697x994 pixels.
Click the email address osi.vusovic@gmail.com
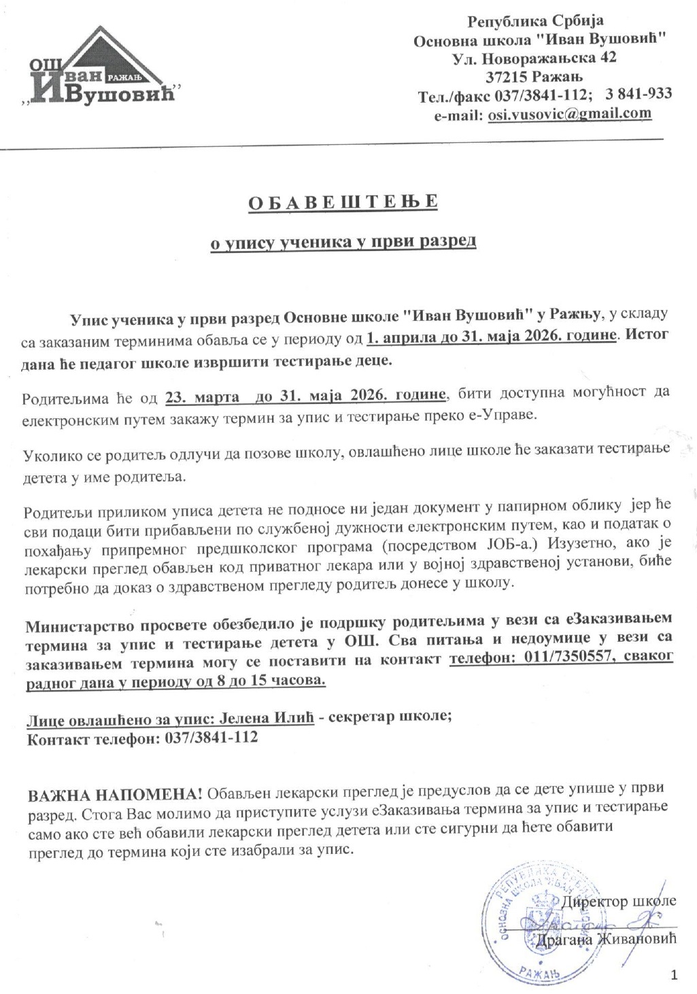pos(570,114)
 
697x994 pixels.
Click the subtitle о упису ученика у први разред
pos(343,242)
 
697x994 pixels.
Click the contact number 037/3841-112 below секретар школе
pos(211,738)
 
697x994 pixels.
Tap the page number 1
pos(674,976)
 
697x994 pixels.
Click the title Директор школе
pos(619,901)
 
